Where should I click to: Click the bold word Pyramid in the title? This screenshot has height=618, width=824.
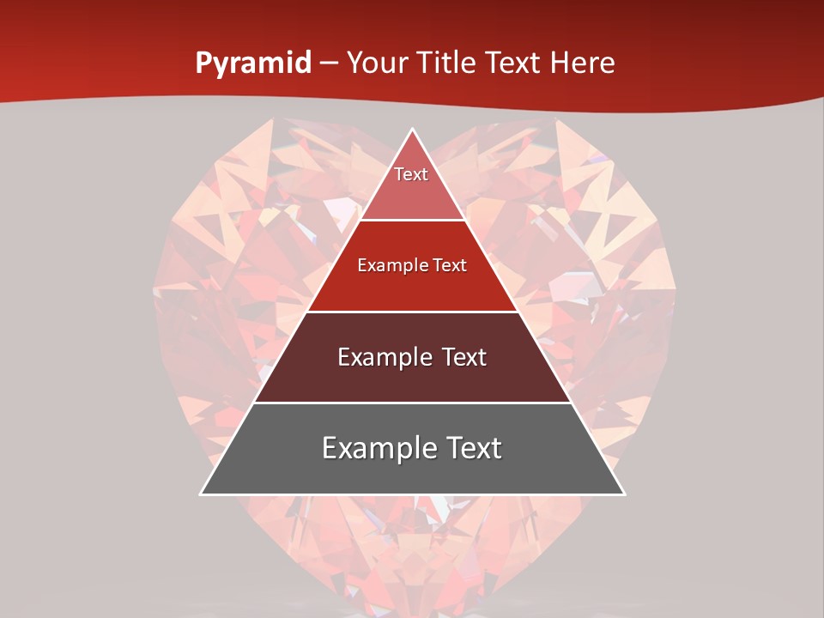pos(253,64)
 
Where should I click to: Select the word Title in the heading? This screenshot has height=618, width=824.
pos(446,63)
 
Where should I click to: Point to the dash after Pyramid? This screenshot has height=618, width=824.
pos(329,64)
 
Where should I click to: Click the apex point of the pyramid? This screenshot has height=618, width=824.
pos(413,130)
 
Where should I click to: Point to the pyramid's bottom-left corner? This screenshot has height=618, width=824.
pos(202,494)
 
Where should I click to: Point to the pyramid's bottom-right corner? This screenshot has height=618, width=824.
pos(623,494)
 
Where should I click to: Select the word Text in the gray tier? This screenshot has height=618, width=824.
pos(470,448)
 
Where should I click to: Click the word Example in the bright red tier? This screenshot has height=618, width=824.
pos(387,265)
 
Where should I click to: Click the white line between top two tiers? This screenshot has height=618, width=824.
pos(412,221)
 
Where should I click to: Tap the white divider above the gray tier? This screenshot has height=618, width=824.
pos(412,403)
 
